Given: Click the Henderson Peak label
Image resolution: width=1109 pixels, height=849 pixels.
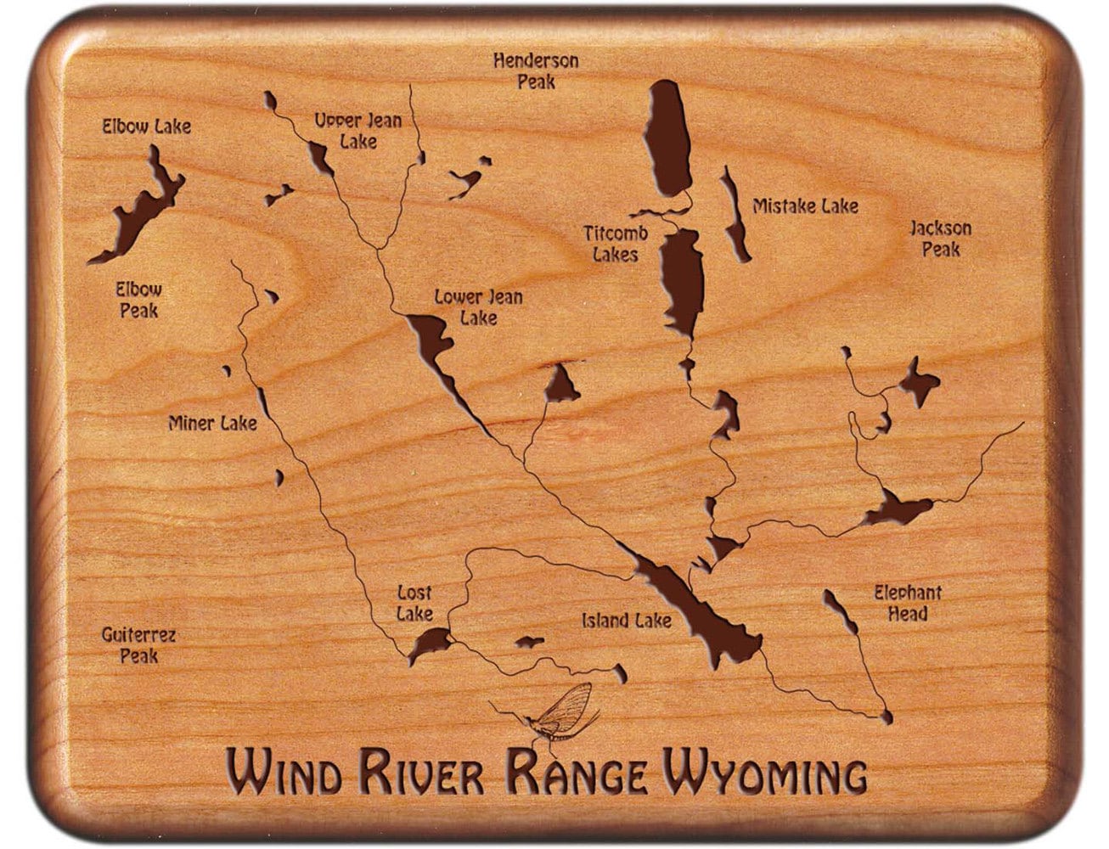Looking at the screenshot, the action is coord(536,71).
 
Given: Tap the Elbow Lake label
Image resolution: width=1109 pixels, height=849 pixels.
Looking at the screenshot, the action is coord(147,127).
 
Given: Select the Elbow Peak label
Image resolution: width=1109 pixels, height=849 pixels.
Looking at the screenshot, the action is coord(138,300).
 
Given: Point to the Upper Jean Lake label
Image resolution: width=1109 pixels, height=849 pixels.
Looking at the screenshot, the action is coord(357,131).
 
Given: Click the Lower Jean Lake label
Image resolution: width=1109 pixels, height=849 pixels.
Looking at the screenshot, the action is coord(478,307).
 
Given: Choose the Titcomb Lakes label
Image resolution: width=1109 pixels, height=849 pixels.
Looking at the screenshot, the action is coord(616,244).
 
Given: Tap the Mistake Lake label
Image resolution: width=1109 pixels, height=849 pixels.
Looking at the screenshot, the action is coord(805,205).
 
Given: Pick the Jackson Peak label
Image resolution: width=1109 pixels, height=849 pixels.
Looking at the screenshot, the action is coord(941,239).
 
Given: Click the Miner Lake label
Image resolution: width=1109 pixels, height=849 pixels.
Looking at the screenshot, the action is coord(211,422).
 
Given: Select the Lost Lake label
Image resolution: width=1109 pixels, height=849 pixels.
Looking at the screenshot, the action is coord(414,603).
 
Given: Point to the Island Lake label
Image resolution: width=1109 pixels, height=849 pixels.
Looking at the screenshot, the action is coord(627,621).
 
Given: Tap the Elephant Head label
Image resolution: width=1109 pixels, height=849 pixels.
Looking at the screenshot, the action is coord(908,603).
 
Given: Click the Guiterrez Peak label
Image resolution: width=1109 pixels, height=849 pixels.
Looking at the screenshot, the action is coord(138,645).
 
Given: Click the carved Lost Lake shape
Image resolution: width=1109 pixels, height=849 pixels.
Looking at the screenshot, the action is coord(428,643).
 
